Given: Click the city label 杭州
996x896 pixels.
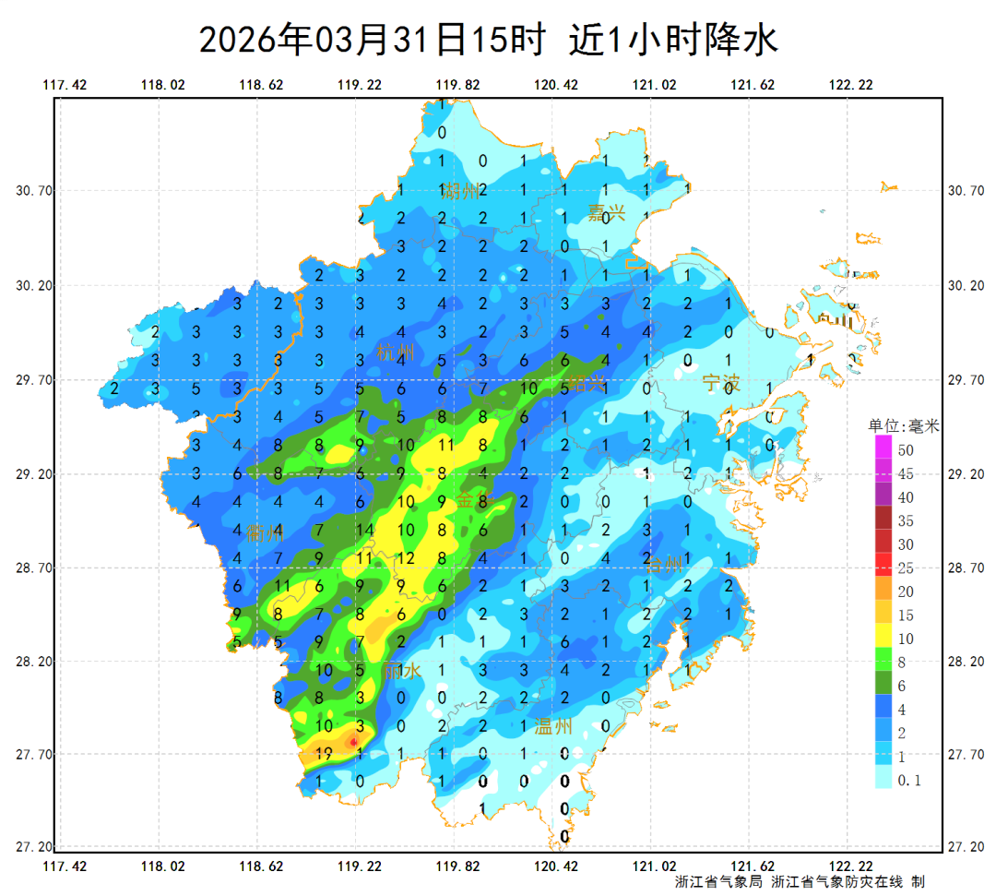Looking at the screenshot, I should (x=397, y=352).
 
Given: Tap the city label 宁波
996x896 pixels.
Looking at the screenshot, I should (x=721, y=383).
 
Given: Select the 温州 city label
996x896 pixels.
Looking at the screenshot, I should (x=553, y=727).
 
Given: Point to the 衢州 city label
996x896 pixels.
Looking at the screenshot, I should (x=265, y=532).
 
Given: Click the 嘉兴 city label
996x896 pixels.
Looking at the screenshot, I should (x=607, y=213).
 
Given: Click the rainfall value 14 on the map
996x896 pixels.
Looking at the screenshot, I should (x=363, y=531).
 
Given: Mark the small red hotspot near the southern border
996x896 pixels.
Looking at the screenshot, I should (x=353, y=741).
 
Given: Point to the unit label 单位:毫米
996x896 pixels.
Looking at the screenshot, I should (x=903, y=426).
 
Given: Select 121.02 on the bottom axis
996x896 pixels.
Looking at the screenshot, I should (x=654, y=866).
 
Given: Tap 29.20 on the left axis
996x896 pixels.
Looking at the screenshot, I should (x=34, y=474).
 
